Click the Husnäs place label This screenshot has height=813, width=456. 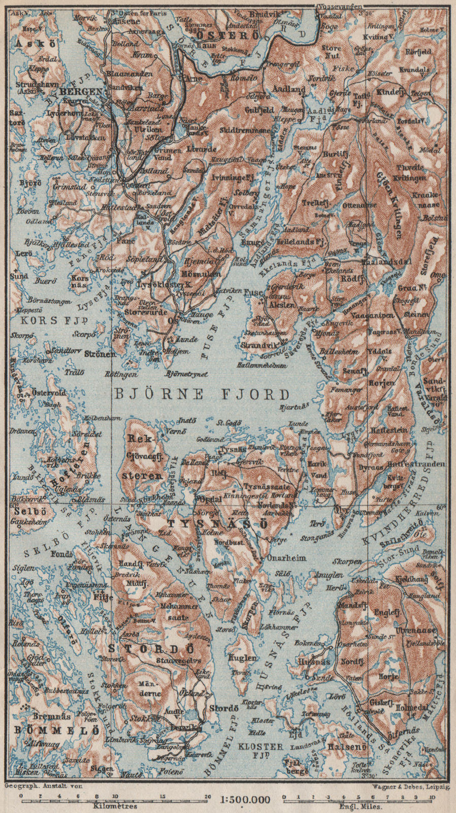tap(316, 662)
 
